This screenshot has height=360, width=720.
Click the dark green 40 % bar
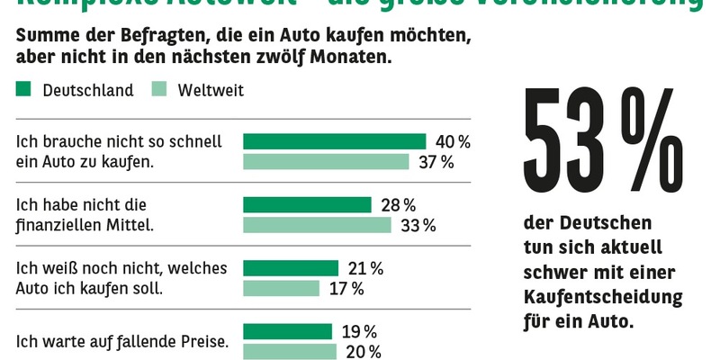[x=334, y=141]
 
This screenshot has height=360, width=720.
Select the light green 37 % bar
[x=327, y=162]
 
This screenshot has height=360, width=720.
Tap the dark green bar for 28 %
[x=307, y=205]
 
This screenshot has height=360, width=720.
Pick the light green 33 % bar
[x=318, y=225]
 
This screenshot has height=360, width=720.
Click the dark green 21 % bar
[x=291, y=268]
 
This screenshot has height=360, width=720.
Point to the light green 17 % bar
[x=282, y=288]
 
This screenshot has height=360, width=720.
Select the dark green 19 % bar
[x=287, y=331]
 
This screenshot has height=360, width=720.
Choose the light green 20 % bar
[x=289, y=351]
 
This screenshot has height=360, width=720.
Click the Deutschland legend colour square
[x=24, y=89]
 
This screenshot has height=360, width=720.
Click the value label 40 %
[x=453, y=141]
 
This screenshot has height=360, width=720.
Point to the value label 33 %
[x=418, y=225]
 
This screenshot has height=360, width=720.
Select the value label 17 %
[x=346, y=288]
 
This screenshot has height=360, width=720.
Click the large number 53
[x=566, y=145]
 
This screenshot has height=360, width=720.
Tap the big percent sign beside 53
[x=661, y=144]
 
